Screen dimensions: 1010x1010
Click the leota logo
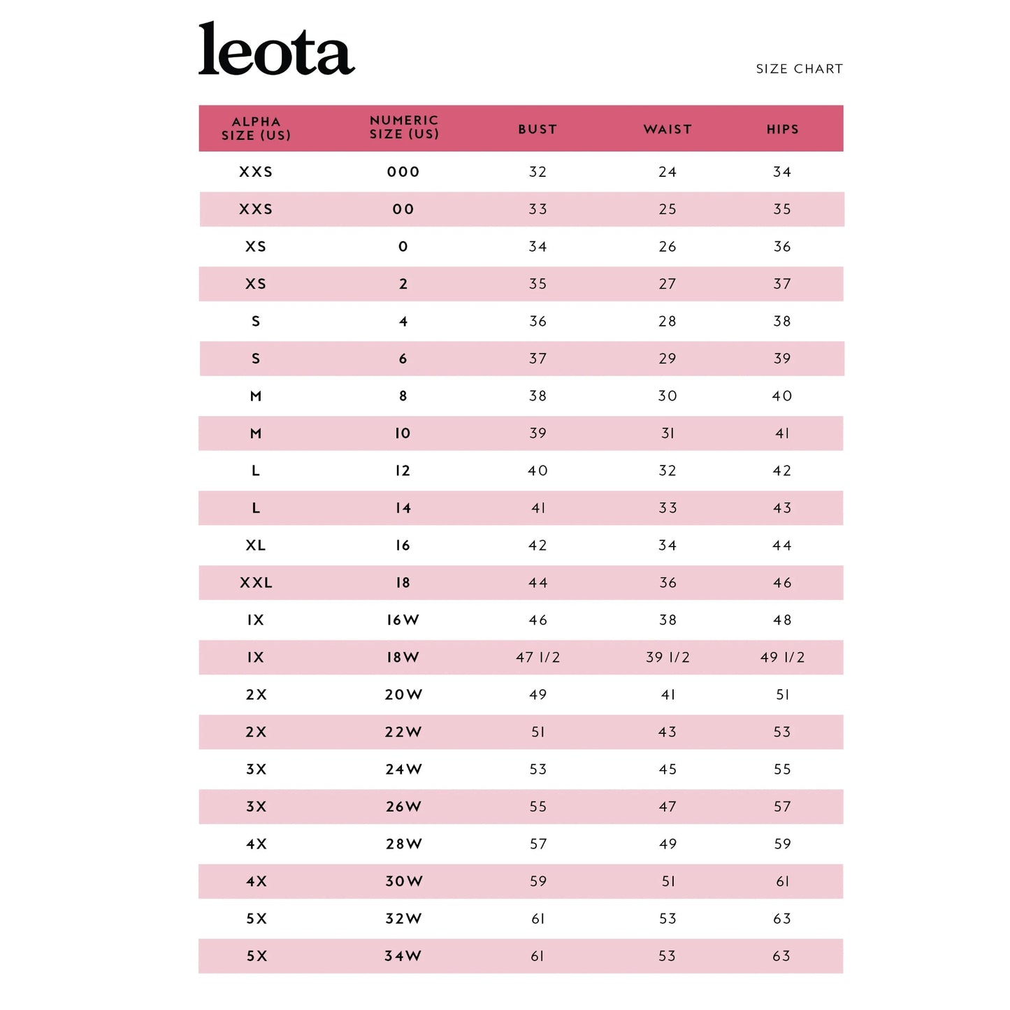click(276, 50)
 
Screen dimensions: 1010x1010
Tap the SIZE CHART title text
click(799, 69)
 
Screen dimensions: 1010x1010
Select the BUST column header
click(538, 129)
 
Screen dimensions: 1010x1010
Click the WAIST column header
click(668, 129)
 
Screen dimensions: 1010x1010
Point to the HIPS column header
click(782, 129)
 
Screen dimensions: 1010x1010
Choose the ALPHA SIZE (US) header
click(256, 129)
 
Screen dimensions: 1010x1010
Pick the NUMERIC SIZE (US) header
click(404, 127)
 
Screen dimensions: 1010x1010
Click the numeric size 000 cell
click(403, 172)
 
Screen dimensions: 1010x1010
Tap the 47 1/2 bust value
click(538, 658)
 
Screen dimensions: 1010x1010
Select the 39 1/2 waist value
click(668, 658)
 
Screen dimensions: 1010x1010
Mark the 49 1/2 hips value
click(782, 658)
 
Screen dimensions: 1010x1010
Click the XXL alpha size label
click(256, 583)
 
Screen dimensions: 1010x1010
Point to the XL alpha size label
click(256, 545)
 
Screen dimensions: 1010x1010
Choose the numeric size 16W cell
click(403, 620)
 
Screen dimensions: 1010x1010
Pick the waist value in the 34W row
click(668, 956)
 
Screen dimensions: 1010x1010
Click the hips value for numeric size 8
click(782, 396)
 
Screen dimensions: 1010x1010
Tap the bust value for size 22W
click(538, 733)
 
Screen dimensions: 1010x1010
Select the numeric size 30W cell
click(404, 881)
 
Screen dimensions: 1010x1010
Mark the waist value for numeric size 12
click(668, 471)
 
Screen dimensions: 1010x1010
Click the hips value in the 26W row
click(782, 807)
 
